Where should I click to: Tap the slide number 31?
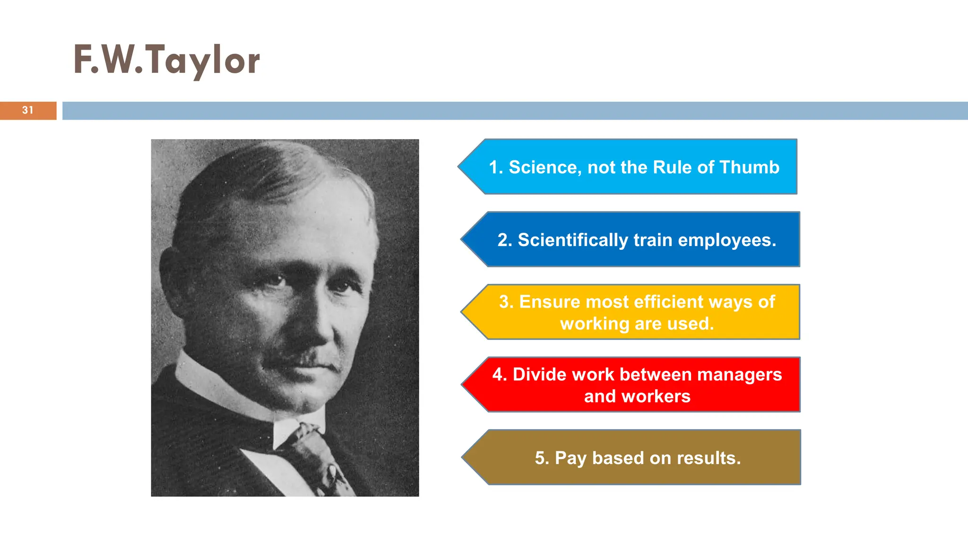click(x=28, y=110)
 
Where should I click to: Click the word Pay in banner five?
click(x=570, y=458)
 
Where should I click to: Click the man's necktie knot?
click(x=305, y=433)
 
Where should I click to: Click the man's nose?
click(x=312, y=322)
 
